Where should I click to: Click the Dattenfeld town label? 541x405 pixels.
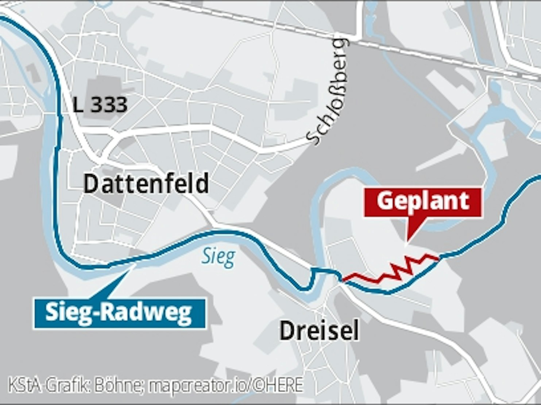coord(146,184)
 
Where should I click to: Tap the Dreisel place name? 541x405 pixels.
coord(319,331)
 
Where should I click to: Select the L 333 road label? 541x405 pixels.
coord(100,105)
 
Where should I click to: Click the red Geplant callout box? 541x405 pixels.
coord(423,202)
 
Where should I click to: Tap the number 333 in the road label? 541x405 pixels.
coord(109,105)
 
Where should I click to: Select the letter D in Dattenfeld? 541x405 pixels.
coord(90,184)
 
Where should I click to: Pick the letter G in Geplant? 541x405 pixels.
coord(385,201)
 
